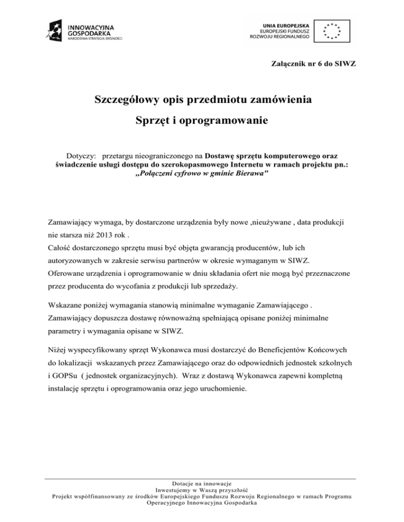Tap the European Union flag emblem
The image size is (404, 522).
pyautogui.click(x=332, y=32)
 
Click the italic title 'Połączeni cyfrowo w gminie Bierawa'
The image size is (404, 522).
pyautogui.click(x=202, y=174)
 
